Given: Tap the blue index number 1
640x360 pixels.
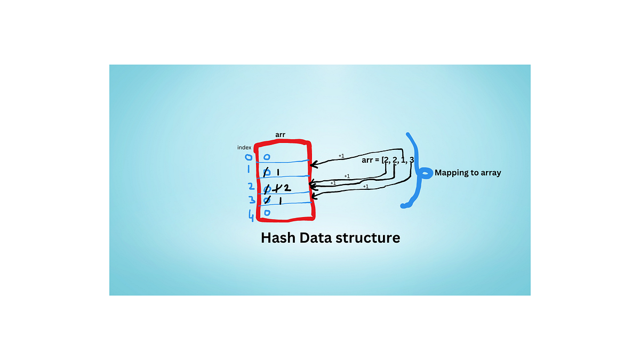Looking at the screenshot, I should coord(249,171).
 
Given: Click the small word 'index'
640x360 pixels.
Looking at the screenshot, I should coord(244,147).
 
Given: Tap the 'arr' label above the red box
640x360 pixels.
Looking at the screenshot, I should coord(280,135).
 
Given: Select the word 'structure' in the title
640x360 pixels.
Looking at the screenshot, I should coord(371,237).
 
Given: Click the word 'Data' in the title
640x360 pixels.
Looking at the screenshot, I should coord(320,237).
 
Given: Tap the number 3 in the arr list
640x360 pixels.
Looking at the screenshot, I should coord(412,160).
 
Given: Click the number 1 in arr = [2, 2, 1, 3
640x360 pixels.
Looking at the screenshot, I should coord(403,160).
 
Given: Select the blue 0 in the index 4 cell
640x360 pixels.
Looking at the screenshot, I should coord(267,213).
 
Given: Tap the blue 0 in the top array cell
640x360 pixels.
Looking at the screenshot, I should coord(267,157).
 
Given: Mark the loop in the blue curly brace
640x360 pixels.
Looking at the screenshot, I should coord(425,173).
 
